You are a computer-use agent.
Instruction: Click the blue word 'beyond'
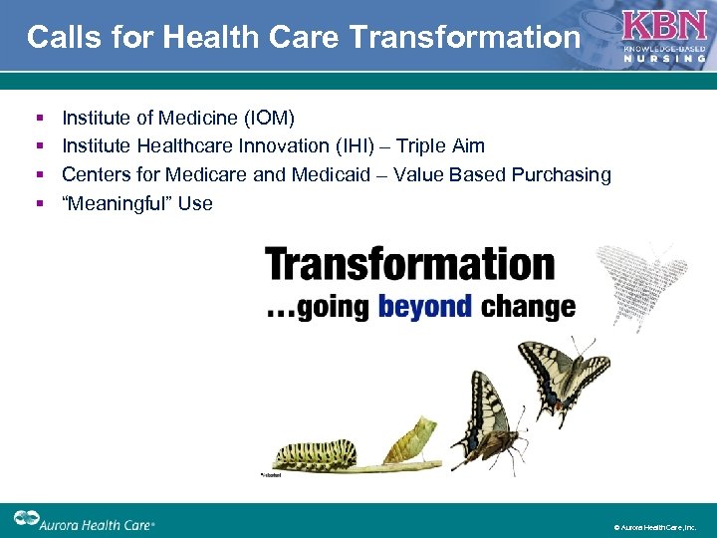425,306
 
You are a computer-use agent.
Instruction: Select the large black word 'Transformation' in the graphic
409,265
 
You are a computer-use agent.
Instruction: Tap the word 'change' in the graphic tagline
528,306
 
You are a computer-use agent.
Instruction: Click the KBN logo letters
663,26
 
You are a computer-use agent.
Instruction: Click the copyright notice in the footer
659,525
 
